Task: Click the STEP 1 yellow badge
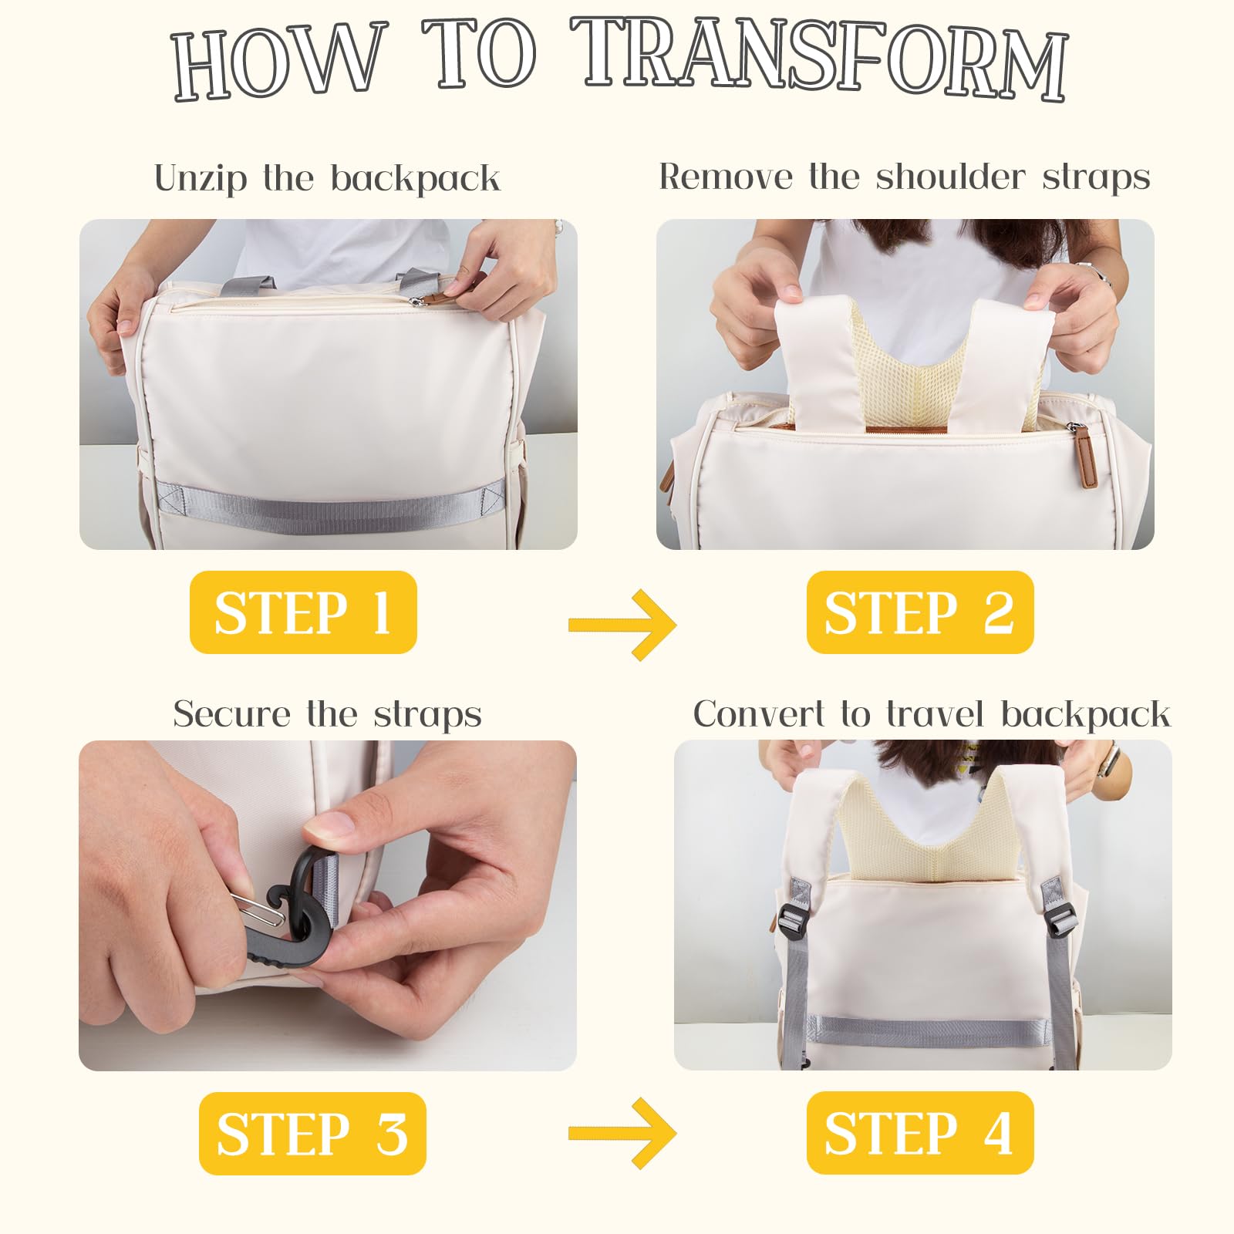[x=303, y=612]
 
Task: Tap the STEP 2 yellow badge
[x=920, y=612]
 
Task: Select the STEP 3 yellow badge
[x=312, y=1134]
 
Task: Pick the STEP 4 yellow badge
[x=920, y=1133]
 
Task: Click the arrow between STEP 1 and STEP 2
[x=622, y=624]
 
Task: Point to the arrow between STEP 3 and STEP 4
[x=622, y=1133]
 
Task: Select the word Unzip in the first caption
[x=201, y=179]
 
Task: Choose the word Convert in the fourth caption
[x=759, y=714]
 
